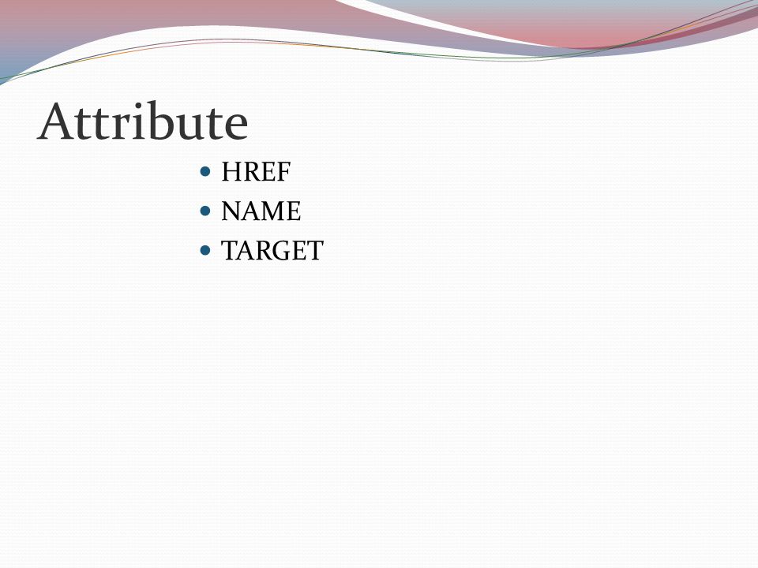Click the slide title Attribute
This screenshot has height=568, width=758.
143,121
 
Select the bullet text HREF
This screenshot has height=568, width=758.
256,171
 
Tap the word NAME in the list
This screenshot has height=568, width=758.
261,211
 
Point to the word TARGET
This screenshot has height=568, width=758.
272,251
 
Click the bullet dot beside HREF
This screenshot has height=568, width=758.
205,171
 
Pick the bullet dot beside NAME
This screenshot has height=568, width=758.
205,211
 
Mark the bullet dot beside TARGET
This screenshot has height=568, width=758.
205,250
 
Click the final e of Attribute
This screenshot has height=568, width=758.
236,126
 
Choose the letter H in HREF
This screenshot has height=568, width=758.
231,171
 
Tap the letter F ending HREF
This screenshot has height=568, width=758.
283,171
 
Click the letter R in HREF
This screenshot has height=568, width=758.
250,171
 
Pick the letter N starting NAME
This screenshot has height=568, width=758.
231,211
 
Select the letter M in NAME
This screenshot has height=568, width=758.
272,211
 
